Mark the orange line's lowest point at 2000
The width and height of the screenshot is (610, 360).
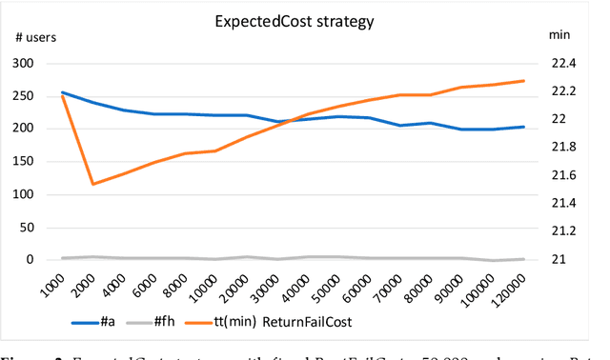(92, 184)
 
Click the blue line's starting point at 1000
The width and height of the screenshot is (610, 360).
(61, 92)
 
